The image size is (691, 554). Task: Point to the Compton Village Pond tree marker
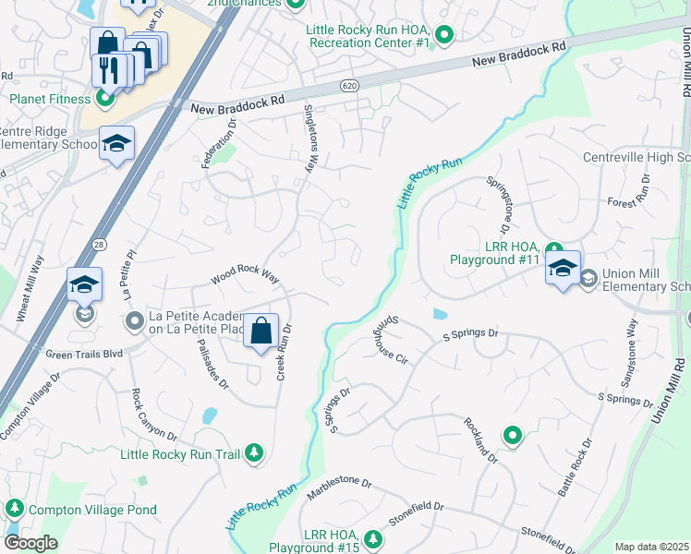click(x=14, y=509)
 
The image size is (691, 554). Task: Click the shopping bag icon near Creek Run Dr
click(x=261, y=331)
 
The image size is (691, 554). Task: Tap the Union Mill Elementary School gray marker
click(x=588, y=278)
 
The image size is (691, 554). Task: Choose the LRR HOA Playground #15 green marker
click(x=372, y=538)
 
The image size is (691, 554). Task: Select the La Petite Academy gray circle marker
click(x=135, y=321)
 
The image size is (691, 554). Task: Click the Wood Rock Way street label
click(x=245, y=274)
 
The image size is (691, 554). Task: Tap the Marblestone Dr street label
click(x=340, y=483)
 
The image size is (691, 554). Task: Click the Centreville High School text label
click(x=636, y=157)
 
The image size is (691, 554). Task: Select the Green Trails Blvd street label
click(x=84, y=353)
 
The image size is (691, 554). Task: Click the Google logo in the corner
click(x=30, y=543)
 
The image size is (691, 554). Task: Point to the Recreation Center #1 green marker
click(x=444, y=36)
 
